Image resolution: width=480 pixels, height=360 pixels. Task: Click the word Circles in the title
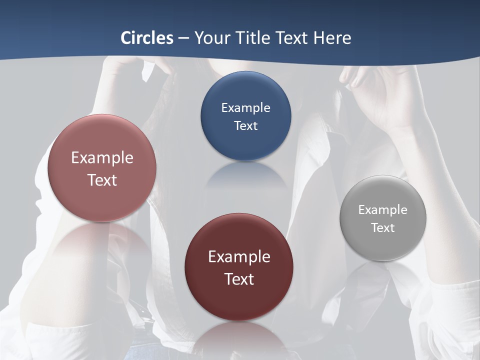147,38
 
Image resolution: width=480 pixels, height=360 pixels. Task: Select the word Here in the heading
332,38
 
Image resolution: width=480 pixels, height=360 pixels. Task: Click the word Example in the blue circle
245,107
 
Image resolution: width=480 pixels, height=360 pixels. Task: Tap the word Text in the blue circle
245,125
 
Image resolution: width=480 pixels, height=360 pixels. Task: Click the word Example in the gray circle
383,209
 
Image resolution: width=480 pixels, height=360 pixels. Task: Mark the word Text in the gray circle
383,227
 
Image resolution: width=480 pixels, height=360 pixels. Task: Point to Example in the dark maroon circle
239,256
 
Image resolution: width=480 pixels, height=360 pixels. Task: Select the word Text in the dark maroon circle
239,278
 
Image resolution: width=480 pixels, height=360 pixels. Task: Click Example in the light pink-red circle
102,157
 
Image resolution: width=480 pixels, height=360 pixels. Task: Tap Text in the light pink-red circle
102,180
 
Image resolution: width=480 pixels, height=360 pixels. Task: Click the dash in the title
183,38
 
